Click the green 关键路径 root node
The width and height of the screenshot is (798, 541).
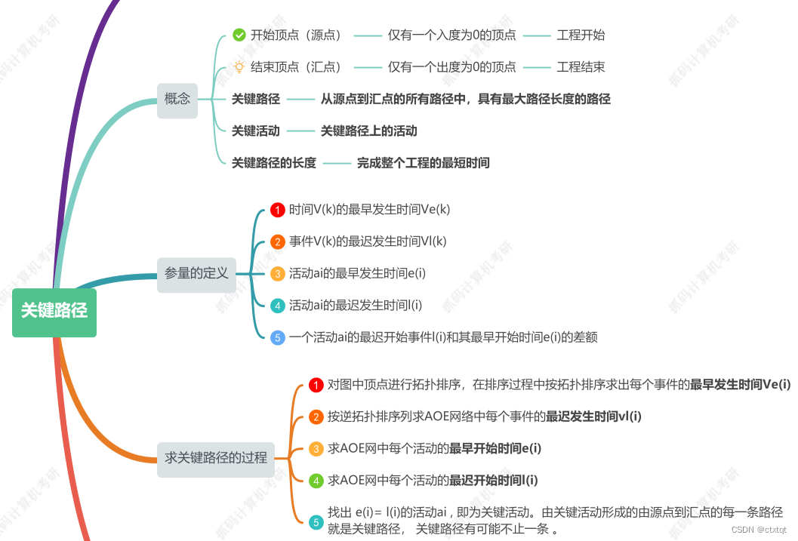[54, 310]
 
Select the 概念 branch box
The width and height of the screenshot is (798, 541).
[177, 99]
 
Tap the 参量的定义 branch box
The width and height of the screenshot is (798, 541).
[196, 273]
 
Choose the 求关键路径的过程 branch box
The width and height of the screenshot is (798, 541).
[216, 457]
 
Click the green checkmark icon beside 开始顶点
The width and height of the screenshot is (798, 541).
[239, 35]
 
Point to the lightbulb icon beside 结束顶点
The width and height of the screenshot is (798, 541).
[239, 67]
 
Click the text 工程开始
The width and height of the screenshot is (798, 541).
[581, 35]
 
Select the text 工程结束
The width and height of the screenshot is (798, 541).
[581, 67]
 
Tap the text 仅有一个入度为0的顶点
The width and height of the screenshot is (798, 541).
[451, 35]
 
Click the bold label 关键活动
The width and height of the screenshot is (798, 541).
[255, 131]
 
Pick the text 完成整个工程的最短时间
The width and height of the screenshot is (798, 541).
[423, 163]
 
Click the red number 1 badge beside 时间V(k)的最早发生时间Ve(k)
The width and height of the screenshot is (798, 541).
[278, 210]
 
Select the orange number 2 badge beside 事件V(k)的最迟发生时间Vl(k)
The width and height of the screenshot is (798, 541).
[278, 242]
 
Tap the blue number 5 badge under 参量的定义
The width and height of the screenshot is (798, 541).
[278, 337]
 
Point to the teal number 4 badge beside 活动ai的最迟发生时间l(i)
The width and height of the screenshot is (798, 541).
[278, 306]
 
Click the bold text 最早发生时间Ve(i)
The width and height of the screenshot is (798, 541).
[740, 385]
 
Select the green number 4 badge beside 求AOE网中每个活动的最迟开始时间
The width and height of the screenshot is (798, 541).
[316, 481]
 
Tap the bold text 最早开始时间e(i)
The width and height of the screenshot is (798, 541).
[495, 448]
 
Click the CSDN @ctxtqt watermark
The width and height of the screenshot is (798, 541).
[759, 530]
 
